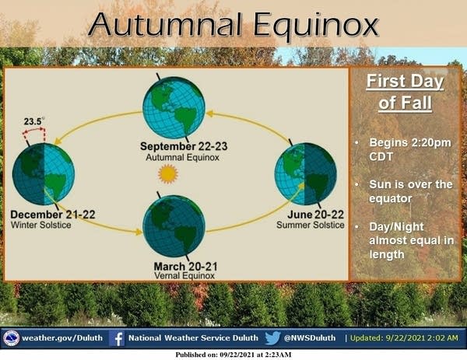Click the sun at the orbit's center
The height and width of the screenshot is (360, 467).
pyautogui.click(x=168, y=173)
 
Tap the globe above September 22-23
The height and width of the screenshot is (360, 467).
pyautogui.click(x=174, y=108)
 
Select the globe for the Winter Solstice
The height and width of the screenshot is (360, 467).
pyautogui.click(x=44, y=174)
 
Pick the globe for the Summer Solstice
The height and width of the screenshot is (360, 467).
pyautogui.click(x=306, y=174)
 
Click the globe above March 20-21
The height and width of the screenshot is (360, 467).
pyautogui.click(x=174, y=226)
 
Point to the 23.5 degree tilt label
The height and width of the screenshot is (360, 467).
pyautogui.click(x=33, y=121)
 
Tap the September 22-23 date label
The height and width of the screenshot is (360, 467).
pyautogui.click(x=184, y=146)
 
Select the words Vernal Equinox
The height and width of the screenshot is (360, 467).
pyautogui.click(x=184, y=276)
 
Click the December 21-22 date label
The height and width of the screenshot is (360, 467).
pyautogui.click(x=53, y=215)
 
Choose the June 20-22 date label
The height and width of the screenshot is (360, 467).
pyautogui.click(x=315, y=215)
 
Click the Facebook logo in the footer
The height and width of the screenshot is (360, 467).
pyautogui.click(x=117, y=338)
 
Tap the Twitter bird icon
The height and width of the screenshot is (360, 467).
pyautogui.click(x=272, y=338)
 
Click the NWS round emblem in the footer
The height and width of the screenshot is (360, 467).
pyautogui.click(x=12, y=338)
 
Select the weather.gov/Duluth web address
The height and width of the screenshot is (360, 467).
pyautogui.click(x=62, y=338)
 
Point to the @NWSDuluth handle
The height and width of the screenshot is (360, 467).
pyautogui.click(x=310, y=338)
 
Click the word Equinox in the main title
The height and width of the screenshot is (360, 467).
pyautogui.click(x=316, y=26)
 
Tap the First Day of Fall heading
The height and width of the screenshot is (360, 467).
pyautogui.click(x=405, y=93)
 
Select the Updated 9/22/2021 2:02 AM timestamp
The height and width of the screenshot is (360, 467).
pyautogui.click(x=404, y=338)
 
